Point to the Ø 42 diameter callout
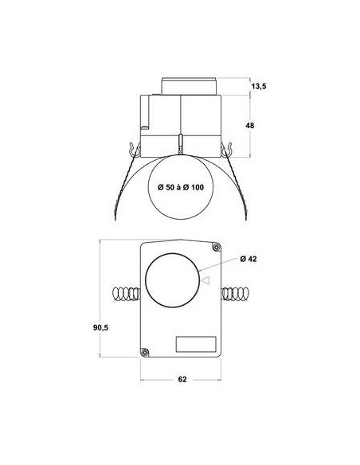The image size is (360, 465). coord(248,259)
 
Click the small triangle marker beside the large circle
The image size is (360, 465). coord(205,280)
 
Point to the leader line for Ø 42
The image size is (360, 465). coord(217,268)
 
